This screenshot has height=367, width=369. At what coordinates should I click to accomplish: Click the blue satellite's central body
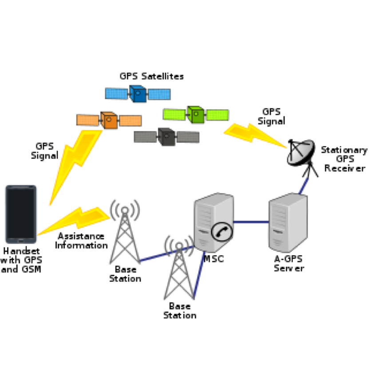[138, 94]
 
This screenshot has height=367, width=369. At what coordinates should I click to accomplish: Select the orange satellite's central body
[109, 120]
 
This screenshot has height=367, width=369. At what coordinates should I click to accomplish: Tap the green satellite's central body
[195, 115]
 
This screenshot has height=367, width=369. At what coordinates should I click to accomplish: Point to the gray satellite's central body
[167, 137]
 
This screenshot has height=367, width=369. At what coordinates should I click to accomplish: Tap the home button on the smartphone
[21, 241]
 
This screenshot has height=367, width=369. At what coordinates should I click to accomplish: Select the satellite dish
[300, 152]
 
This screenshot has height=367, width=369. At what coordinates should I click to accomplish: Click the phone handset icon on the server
[222, 231]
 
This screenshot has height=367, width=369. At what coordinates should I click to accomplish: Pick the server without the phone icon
[288, 223]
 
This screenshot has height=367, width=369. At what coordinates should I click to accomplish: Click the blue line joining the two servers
[251, 223]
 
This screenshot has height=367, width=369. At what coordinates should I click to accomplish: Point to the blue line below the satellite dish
[304, 186]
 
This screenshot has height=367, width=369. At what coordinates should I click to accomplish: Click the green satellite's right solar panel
[217, 115]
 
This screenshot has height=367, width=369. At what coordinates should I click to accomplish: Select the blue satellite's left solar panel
[116, 94]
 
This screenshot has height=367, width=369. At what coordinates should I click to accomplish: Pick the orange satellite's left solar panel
[87, 120]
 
